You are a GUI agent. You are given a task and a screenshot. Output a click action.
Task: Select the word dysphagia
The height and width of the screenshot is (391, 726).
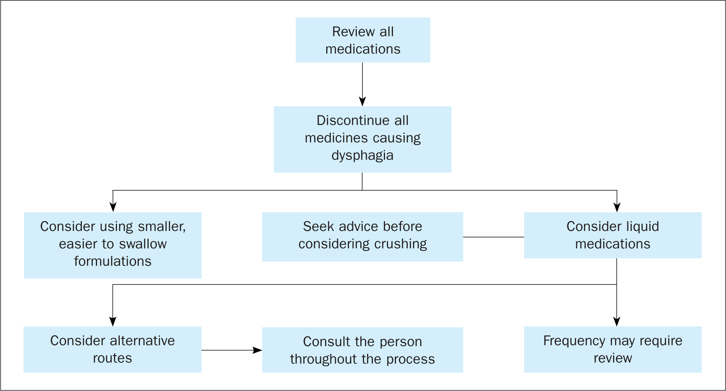(362, 156)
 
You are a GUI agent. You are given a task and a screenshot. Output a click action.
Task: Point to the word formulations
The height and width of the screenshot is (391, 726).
(113, 261)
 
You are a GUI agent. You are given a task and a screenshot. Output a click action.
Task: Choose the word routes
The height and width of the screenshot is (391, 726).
(113, 358)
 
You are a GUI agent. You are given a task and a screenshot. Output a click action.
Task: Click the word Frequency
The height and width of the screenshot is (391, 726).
(574, 341)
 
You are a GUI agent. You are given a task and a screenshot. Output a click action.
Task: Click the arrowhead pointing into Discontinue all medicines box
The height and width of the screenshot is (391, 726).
(362, 101)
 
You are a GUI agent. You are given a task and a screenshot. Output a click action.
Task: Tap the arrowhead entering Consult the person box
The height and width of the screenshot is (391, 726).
(257, 350)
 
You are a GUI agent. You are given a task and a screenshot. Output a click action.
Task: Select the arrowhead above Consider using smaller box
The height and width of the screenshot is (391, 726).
(113, 207)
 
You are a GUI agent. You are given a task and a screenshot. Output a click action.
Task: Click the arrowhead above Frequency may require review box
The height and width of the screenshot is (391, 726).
(617, 322)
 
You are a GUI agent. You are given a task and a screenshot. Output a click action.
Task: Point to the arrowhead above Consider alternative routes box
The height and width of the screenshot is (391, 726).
(113, 322)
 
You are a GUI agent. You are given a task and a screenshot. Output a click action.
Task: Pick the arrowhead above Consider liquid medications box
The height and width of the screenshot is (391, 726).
(617, 207)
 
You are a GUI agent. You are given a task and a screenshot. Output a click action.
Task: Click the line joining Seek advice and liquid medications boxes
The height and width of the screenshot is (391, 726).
(493, 237)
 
